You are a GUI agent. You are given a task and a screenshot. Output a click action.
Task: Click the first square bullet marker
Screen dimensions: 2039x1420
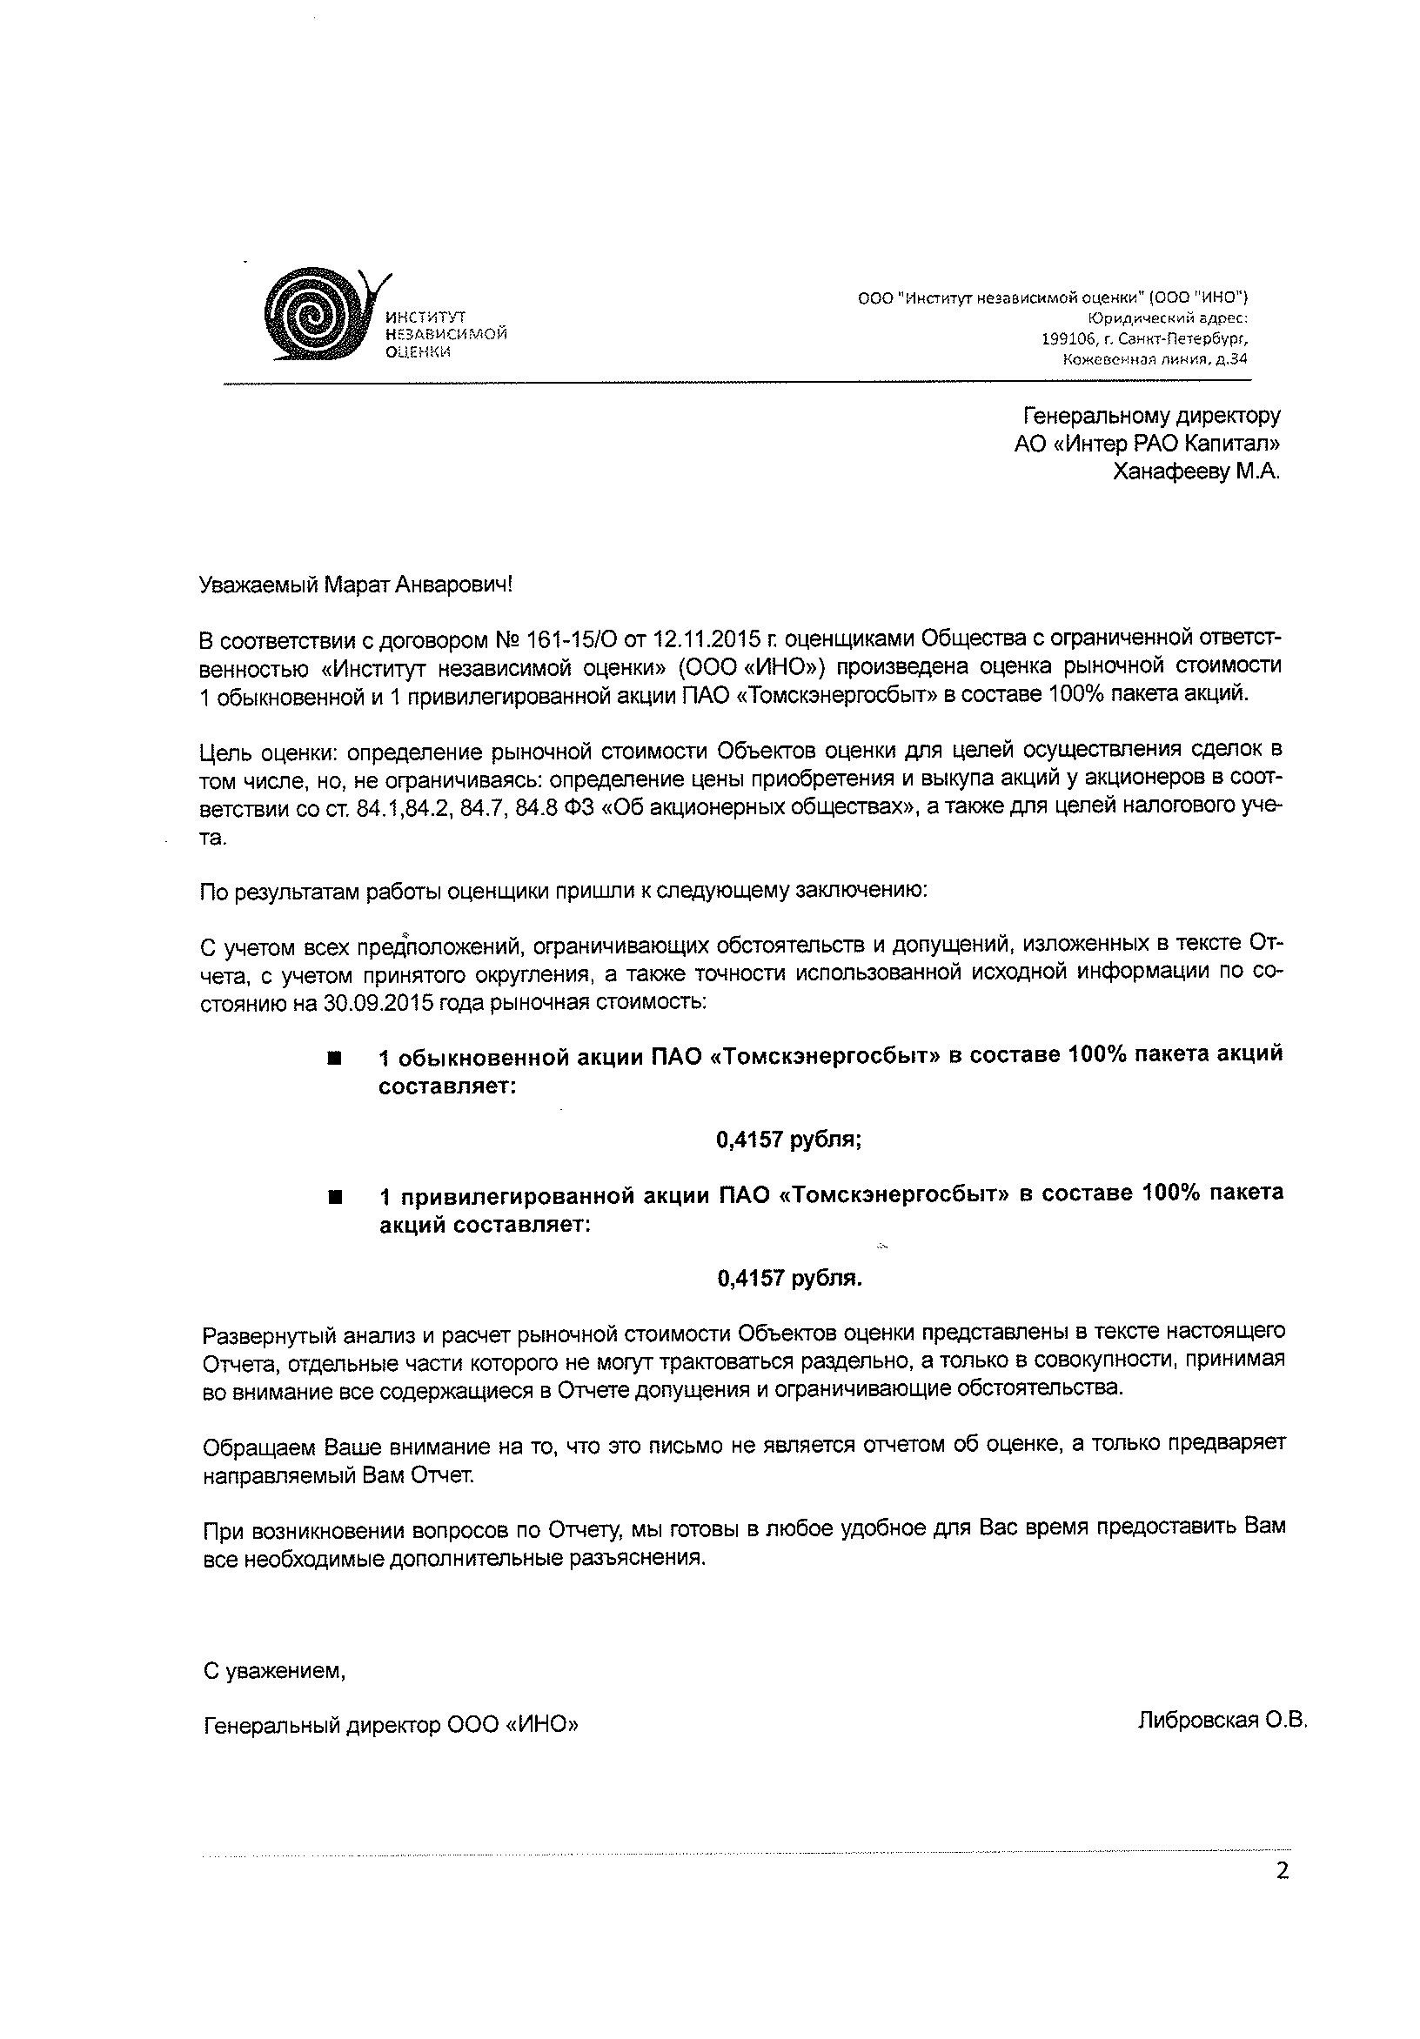point(334,1059)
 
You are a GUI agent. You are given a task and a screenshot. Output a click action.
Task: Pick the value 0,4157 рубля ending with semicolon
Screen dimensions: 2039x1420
point(788,1140)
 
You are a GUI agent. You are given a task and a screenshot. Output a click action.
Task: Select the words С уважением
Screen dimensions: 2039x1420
point(273,1671)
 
